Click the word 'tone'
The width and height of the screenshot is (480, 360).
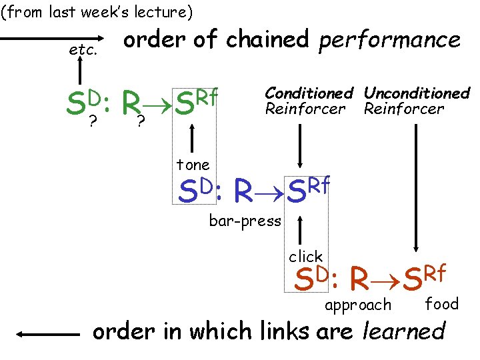193,165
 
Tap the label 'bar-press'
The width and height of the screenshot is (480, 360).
245,221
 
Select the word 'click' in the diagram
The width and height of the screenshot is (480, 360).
305,257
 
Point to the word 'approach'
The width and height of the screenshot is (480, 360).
357,305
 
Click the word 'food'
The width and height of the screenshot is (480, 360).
442,304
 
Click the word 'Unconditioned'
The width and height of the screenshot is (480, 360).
417,93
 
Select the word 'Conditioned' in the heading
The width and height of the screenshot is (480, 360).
309,93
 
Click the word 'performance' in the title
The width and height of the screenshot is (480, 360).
389,40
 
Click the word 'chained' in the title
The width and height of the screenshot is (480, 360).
267,40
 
